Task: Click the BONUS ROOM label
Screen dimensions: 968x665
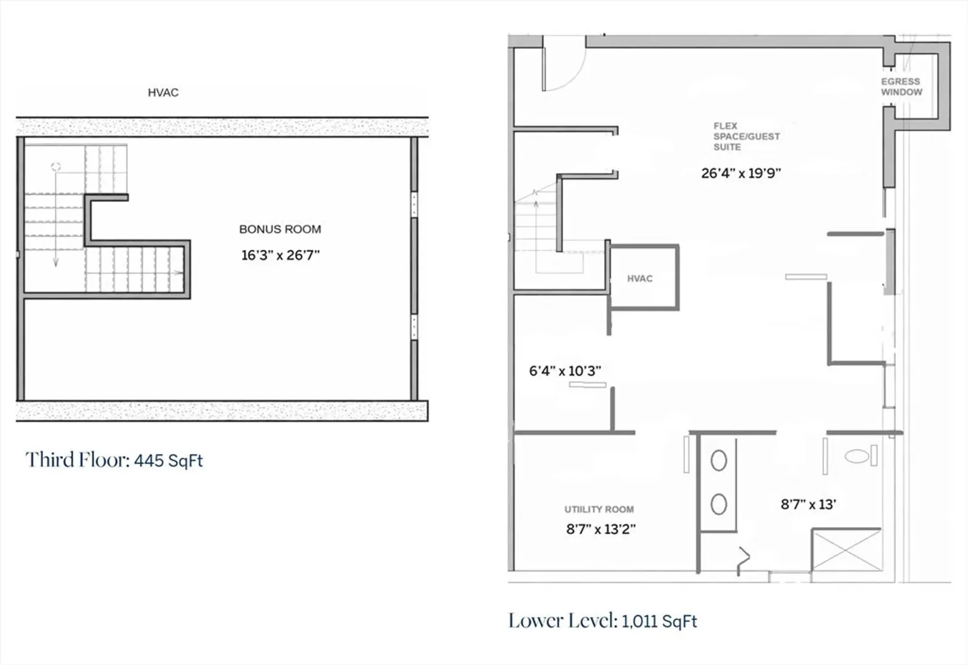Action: [280, 229]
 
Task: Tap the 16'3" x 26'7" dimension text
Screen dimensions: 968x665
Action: [281, 255]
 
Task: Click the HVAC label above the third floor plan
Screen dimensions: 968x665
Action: [163, 92]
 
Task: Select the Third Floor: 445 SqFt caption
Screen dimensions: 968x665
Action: [114, 460]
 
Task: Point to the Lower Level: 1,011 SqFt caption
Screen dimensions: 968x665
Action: [603, 621]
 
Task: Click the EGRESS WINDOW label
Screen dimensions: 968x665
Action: [902, 86]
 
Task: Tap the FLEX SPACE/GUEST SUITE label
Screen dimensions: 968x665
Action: [746, 137]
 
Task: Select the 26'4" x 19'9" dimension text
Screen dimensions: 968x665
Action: [741, 174]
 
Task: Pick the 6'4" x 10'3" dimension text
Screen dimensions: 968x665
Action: [565, 371]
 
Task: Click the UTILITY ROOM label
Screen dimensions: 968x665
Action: [599, 509]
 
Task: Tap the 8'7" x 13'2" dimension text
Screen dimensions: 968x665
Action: [601, 529]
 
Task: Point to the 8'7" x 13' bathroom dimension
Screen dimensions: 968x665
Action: [808, 504]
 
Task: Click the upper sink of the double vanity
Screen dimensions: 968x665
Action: [719, 461]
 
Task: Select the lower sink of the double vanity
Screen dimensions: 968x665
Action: [719, 504]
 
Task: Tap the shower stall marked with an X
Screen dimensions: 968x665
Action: [847, 550]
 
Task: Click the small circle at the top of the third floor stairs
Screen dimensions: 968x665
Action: [56, 166]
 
